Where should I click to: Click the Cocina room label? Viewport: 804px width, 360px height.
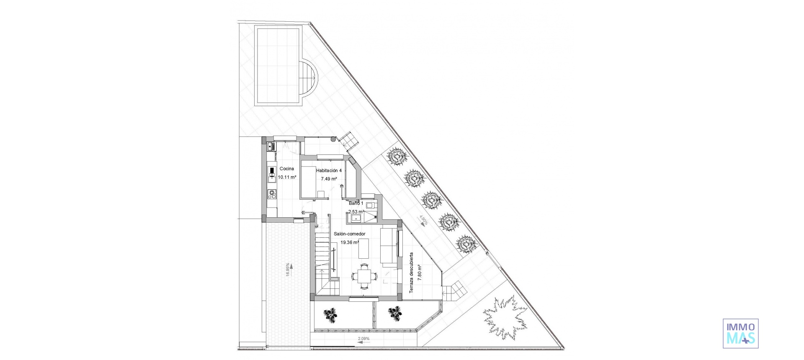coord(287,169)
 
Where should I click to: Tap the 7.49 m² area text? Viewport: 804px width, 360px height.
coord(329,179)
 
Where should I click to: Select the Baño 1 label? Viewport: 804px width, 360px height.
coord(356,203)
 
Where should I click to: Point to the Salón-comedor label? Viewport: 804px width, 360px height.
coord(350,234)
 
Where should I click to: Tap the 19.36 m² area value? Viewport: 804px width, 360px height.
coord(349,242)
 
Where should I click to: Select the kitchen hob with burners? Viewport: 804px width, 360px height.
coord(272,194)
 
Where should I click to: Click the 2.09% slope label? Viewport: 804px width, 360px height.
coord(363,338)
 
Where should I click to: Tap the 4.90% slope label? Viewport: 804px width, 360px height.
coord(424,220)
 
